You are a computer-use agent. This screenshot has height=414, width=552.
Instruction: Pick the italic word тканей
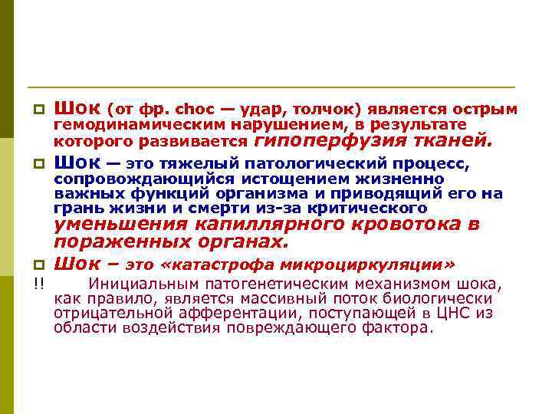447,140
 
